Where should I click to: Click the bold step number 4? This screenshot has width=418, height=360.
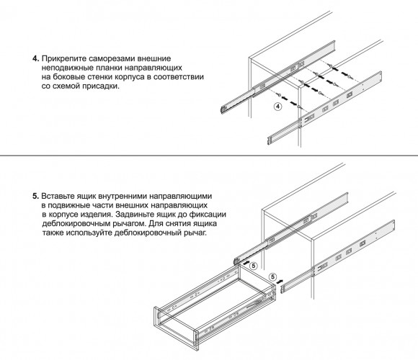point(36,58)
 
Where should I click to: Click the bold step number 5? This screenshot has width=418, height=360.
point(36,197)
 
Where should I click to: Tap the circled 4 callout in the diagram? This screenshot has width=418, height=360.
point(277,107)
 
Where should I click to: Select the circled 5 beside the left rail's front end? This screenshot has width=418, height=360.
point(253,266)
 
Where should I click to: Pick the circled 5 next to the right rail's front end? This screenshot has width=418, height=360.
point(272,276)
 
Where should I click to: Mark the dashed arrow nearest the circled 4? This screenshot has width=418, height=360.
point(289,101)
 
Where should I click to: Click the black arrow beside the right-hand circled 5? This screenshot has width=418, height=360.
point(280,282)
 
